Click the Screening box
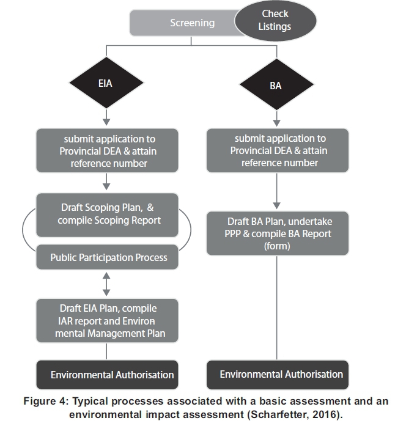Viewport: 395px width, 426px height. click(183, 23)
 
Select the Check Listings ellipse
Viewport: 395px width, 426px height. click(275, 21)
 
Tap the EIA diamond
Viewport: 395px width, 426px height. click(106, 83)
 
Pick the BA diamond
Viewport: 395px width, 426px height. click(276, 86)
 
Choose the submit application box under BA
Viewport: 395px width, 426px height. click(278, 150)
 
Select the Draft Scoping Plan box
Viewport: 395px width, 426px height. click(108, 215)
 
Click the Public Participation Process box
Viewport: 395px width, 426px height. click(108, 257)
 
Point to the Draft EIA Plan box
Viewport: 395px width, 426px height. click(108, 321)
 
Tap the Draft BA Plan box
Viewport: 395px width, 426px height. click(278, 233)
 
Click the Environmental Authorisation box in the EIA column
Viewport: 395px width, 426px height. click(108, 374)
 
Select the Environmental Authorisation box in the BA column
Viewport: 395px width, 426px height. click(278, 374)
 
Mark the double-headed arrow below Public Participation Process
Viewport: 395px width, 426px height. click(108, 283)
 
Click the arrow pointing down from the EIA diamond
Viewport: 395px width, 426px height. click(106, 116)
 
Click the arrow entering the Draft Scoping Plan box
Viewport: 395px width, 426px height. click(107, 182)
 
